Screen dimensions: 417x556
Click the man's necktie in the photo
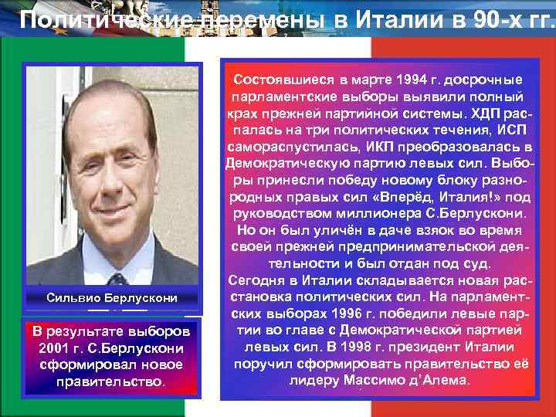click(117, 279)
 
